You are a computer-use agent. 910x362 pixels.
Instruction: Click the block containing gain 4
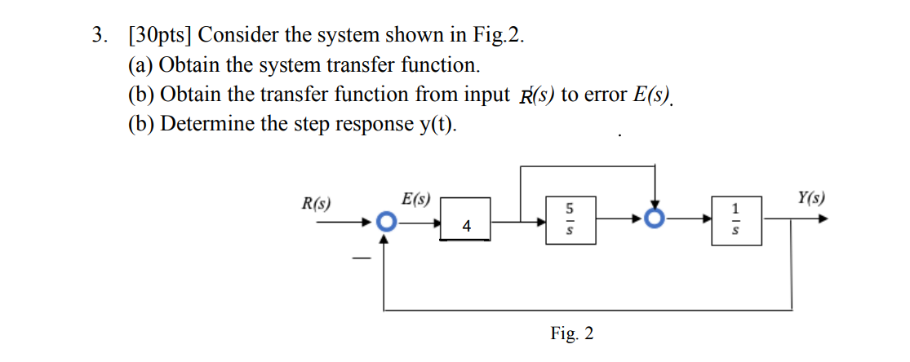[465, 219]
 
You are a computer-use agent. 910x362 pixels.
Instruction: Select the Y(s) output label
[810, 198]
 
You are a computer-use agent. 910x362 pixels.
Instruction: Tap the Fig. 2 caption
[572, 333]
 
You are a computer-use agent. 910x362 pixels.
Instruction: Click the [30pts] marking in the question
[160, 35]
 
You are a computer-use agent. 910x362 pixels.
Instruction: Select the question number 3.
[100, 35]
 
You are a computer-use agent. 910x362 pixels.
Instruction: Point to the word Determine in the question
[206, 124]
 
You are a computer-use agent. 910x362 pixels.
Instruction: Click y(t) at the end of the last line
[437, 124]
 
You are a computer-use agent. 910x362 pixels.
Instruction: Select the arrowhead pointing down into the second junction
[654, 207]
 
